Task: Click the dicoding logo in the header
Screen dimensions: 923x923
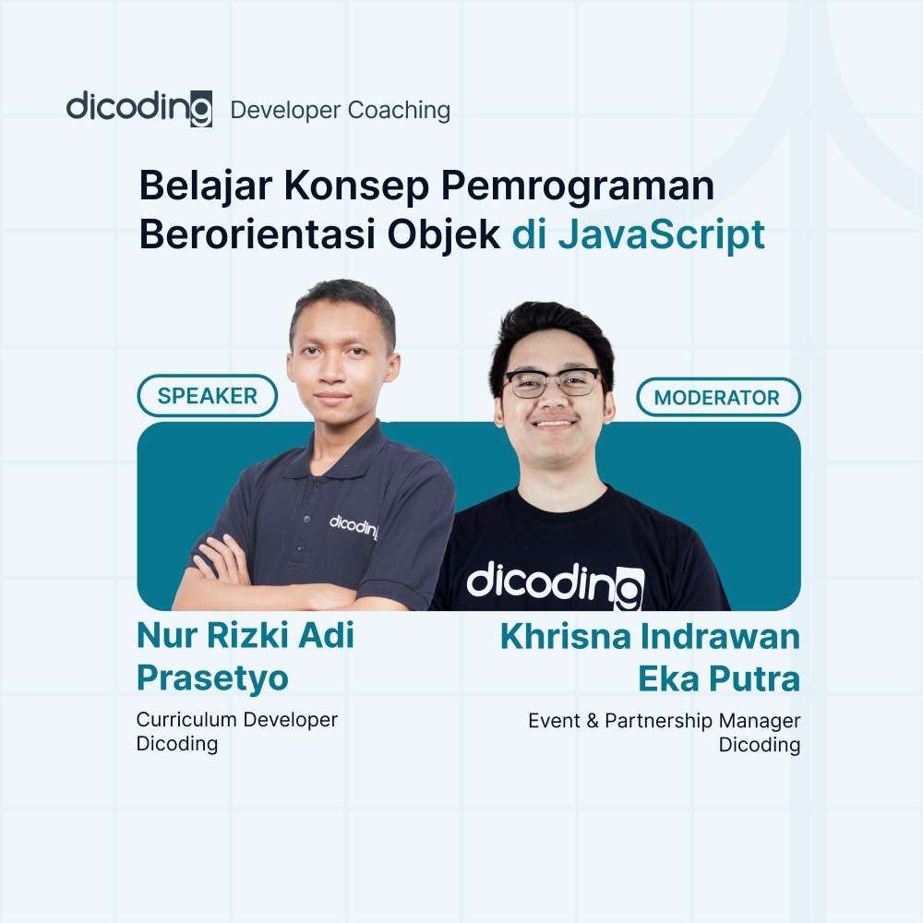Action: [139, 108]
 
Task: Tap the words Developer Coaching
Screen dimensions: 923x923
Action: [340, 111]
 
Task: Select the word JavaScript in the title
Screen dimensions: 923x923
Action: [661, 234]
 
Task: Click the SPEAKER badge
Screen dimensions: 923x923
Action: [207, 396]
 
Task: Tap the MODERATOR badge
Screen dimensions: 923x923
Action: [717, 398]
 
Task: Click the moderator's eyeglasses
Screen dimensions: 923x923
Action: [552, 382]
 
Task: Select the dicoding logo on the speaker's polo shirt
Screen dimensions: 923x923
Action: [354, 526]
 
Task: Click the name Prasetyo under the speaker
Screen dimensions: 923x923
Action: [212, 678]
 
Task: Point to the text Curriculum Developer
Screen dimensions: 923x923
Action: [237, 720]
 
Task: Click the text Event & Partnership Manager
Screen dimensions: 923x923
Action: [664, 721]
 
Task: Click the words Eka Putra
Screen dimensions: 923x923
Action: [718, 678]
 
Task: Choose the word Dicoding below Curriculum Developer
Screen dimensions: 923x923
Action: [177, 744]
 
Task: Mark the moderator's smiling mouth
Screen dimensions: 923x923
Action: [554, 425]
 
